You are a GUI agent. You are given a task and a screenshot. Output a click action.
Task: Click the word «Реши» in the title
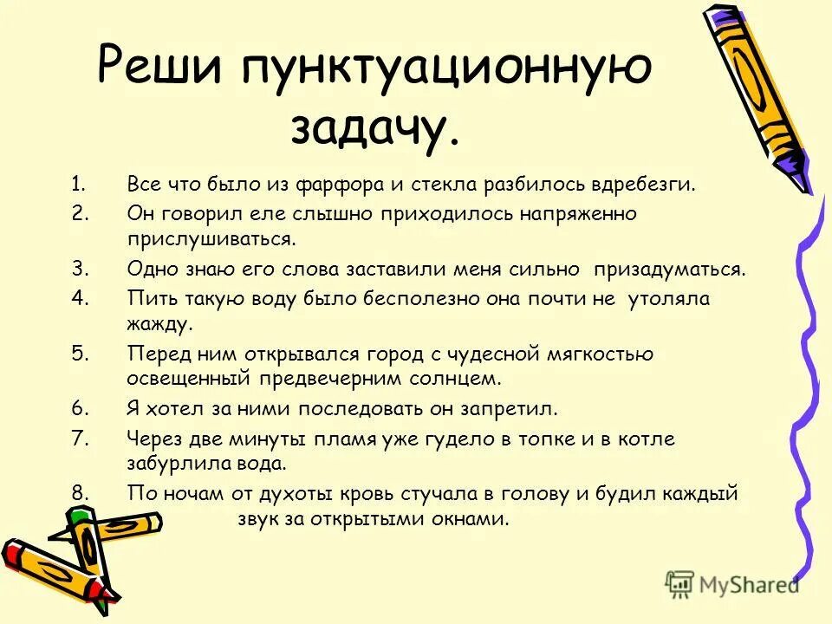pos(160,67)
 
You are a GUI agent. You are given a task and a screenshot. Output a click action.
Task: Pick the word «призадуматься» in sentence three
pos(668,270)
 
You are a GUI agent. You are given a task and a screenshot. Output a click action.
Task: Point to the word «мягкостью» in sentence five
pos(601,354)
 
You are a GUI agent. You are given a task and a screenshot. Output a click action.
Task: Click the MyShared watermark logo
pos(732,584)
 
